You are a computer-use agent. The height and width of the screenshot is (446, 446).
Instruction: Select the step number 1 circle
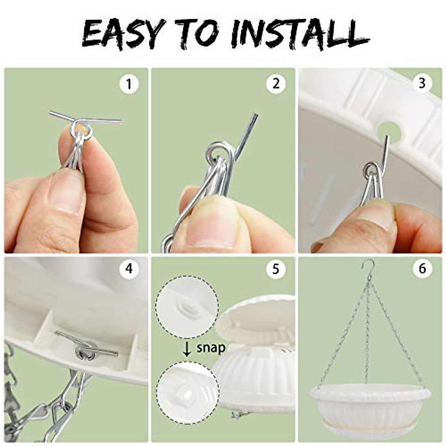[129, 84]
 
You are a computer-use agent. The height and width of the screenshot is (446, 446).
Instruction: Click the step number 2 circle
[276, 84]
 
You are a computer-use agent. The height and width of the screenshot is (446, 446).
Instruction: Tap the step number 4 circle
[129, 269]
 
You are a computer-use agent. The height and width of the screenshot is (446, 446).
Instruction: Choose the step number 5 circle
[276, 269]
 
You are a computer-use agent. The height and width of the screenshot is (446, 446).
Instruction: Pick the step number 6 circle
[423, 269]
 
